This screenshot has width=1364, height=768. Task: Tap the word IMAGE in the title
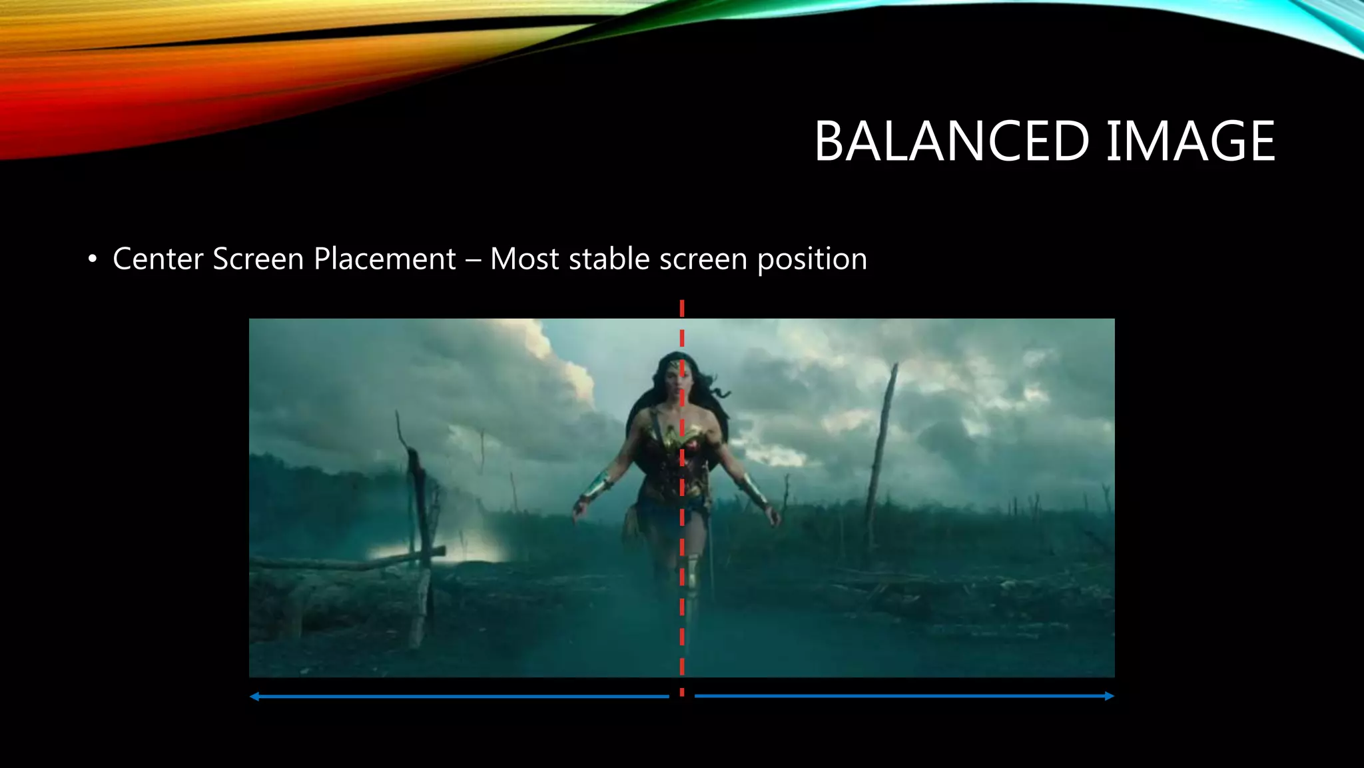(1190, 141)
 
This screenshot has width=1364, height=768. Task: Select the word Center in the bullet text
(158, 259)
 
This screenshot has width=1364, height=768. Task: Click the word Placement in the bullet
(384, 259)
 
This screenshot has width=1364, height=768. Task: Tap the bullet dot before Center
(93, 259)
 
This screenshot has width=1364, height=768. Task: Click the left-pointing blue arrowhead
(254, 697)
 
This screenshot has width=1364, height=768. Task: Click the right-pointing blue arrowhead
(1109, 696)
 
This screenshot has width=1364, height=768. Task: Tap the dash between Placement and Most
(473, 260)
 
